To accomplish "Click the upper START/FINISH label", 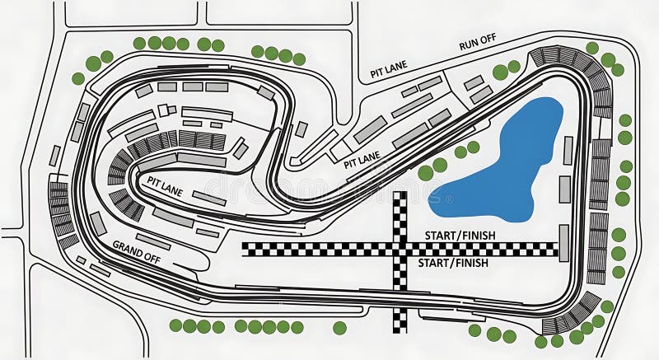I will point(460,236).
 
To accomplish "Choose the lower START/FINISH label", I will point(453,263).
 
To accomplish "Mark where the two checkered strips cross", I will point(400,249).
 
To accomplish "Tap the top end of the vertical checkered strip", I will point(400,195).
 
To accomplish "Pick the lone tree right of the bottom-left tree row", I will point(339,328).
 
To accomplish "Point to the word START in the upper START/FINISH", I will point(439,236).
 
